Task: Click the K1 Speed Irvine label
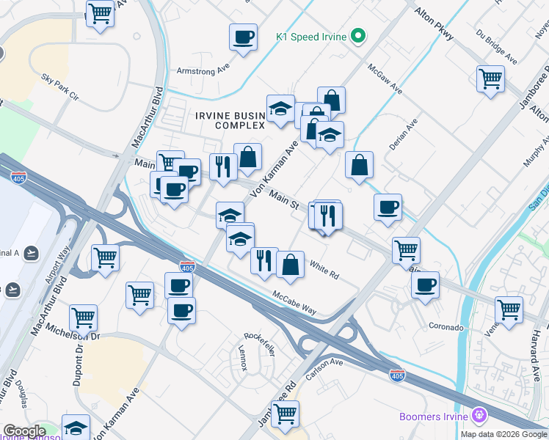(x=311, y=36)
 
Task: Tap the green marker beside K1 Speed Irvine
(x=358, y=35)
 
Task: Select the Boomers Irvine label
(x=434, y=417)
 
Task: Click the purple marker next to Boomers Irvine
(x=480, y=416)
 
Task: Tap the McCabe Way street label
(x=296, y=303)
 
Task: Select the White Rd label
(x=324, y=269)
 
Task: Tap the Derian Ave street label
(x=404, y=134)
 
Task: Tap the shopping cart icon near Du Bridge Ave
(x=490, y=78)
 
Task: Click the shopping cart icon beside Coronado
(x=509, y=309)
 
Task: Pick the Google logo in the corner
(x=24, y=431)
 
